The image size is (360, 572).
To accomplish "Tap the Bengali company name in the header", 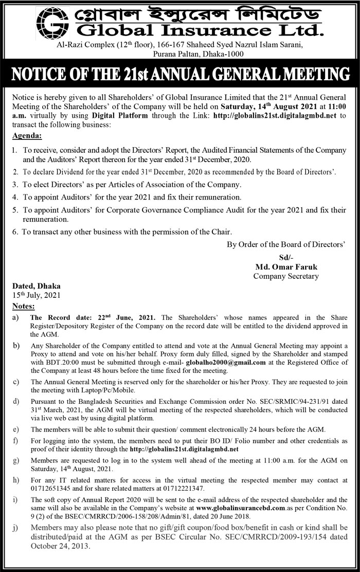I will (195, 13).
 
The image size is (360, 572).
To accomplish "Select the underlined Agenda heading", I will (27, 136).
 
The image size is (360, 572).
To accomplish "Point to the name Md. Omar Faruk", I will (285, 267).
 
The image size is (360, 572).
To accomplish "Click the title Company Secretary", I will (285, 276).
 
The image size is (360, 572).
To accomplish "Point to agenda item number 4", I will (16, 197).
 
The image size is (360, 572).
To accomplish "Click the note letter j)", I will (16, 528).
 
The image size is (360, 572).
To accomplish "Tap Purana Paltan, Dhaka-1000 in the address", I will (198, 54).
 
